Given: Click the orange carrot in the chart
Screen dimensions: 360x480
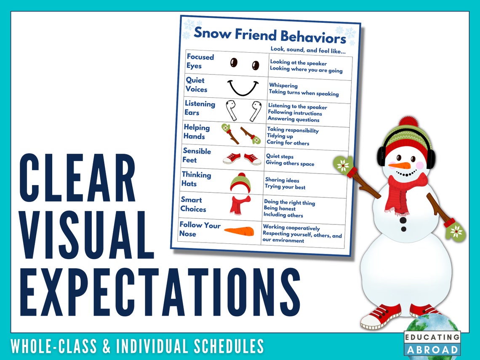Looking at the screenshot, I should (x=239, y=231).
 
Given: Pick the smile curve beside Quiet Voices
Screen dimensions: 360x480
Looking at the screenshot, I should (x=243, y=87).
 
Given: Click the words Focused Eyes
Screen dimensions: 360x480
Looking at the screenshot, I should (x=200, y=61).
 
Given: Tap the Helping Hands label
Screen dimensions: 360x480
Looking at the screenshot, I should (x=196, y=131).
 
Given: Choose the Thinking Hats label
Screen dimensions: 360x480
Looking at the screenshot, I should (x=196, y=179).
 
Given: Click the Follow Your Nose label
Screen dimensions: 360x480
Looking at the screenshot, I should (x=200, y=229).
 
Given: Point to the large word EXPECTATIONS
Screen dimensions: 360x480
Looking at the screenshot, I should (x=160, y=293).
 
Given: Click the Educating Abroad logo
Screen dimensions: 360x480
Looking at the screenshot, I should (x=432, y=343).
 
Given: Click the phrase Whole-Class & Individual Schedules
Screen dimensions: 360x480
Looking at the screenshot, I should (x=137, y=346).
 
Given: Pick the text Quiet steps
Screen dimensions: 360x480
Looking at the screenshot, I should (x=280, y=157).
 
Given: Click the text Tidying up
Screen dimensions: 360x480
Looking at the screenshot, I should (x=280, y=136).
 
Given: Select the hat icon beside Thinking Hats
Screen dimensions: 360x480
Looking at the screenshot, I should (x=240, y=182).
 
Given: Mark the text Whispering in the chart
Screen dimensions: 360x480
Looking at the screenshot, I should (x=283, y=86).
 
